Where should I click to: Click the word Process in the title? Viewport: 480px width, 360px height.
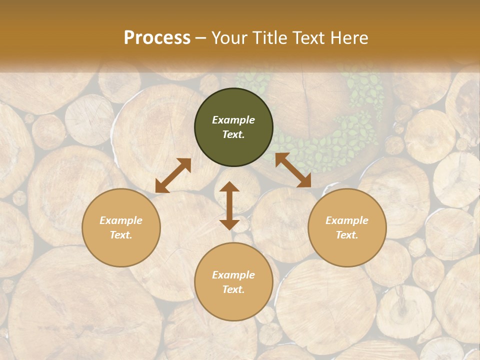tap(157, 38)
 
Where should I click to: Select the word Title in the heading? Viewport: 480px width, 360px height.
tap(273, 38)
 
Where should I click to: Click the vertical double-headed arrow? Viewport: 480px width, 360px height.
tap(229, 205)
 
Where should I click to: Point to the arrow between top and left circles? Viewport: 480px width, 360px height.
tap(173, 175)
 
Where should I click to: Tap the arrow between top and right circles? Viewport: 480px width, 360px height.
tap(293, 170)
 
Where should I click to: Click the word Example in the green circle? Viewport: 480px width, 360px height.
tap(233, 120)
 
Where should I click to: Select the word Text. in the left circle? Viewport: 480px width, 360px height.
tap(121, 235)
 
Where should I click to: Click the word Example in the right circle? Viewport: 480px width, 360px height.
tap(347, 220)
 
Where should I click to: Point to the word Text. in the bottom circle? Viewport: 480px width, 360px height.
tap(233, 289)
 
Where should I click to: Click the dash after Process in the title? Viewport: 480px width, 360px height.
tap(200, 38)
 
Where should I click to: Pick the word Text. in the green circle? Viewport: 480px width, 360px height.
tap(233, 134)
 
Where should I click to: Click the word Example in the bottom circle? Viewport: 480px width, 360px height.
tap(233, 275)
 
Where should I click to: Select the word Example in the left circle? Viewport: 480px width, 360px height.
tap(121, 220)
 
